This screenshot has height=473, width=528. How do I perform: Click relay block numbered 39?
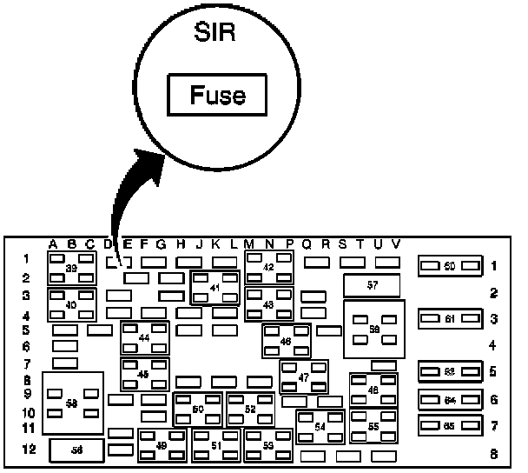point(72,269)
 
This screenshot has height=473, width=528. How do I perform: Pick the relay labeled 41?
point(214,287)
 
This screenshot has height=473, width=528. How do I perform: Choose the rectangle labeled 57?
point(372,285)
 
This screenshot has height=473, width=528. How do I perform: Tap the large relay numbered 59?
point(374,330)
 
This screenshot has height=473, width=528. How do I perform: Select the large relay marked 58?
point(73,403)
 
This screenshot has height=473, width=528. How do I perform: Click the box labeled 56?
point(76,450)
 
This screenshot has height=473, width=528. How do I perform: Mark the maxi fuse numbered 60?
point(449,266)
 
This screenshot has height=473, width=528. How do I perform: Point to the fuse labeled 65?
point(449,426)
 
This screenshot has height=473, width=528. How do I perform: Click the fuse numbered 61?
point(449,319)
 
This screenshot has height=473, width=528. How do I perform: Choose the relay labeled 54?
point(320,427)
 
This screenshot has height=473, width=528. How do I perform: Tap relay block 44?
point(144,336)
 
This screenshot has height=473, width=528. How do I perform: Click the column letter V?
point(395,243)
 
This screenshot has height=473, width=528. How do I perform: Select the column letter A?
point(54,243)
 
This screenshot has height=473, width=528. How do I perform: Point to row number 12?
point(28,449)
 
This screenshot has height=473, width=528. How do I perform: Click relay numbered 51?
point(216,445)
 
